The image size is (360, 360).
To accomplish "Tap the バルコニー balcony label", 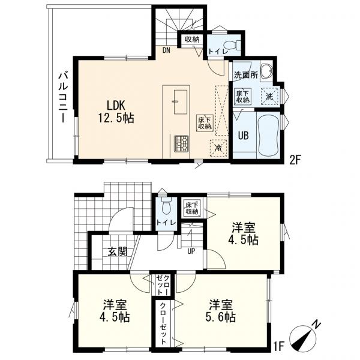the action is (62, 98).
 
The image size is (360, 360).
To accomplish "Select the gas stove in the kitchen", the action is (181, 143).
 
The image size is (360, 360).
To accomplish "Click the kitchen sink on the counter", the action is (181, 102).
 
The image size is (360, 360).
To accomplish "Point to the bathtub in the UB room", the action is (268, 134).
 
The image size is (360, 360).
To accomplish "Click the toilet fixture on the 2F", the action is (235, 44).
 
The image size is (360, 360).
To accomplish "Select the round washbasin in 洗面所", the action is (266, 70).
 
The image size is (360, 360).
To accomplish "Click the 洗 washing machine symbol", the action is (269, 97).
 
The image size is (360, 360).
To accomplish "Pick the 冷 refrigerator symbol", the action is (218, 148).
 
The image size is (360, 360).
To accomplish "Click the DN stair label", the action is (166, 50).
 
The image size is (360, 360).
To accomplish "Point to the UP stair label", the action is (191, 251).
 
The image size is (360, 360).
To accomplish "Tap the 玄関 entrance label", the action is (117, 251).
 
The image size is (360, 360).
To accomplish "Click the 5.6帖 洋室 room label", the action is (221, 311).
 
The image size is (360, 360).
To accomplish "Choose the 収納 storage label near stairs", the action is (192, 40).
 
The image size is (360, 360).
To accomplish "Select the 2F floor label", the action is (295, 160).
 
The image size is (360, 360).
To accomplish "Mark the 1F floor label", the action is (280, 346).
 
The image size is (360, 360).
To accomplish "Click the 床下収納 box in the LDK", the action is (205, 123).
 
